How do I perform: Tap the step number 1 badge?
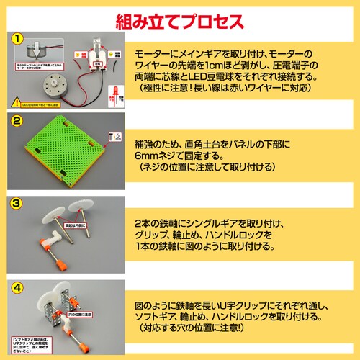pyautogui.click(x=17, y=37)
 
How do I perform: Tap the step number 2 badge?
pyautogui.click(x=17, y=120)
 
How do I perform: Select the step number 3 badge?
pyautogui.click(x=17, y=204)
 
